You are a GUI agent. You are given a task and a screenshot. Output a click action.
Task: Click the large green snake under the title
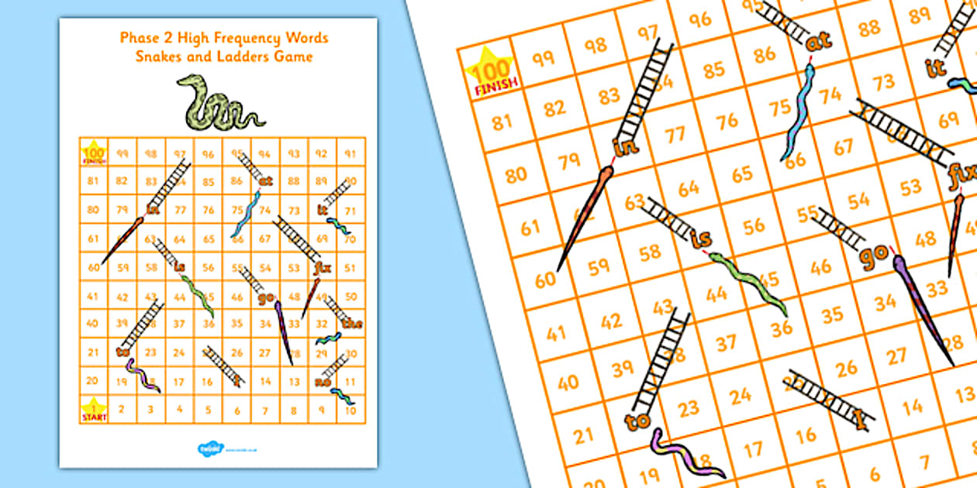[218, 105]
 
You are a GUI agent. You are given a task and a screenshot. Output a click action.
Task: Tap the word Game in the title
[298, 56]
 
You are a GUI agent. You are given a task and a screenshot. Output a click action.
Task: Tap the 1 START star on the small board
[94, 409]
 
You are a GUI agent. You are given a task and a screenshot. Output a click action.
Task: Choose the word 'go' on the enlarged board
[875, 254]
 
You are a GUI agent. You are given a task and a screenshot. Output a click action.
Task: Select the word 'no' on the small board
[323, 381]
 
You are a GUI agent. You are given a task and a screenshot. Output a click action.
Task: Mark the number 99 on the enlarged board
[543, 57]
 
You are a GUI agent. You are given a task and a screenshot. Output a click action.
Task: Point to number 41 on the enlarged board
[556, 335]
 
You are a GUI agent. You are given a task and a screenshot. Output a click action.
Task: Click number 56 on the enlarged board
[753, 225]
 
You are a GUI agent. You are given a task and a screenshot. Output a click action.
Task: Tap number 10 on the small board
[350, 410]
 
